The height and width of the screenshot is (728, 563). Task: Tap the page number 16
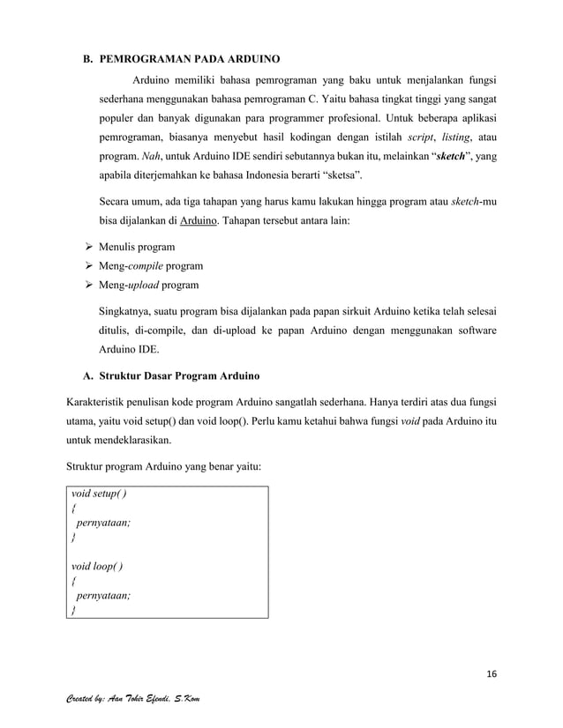coord(490,674)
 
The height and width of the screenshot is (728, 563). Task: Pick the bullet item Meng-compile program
coord(150,265)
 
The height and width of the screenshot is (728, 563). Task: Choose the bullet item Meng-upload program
coord(148,285)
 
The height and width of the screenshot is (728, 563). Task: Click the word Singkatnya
coord(129,312)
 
